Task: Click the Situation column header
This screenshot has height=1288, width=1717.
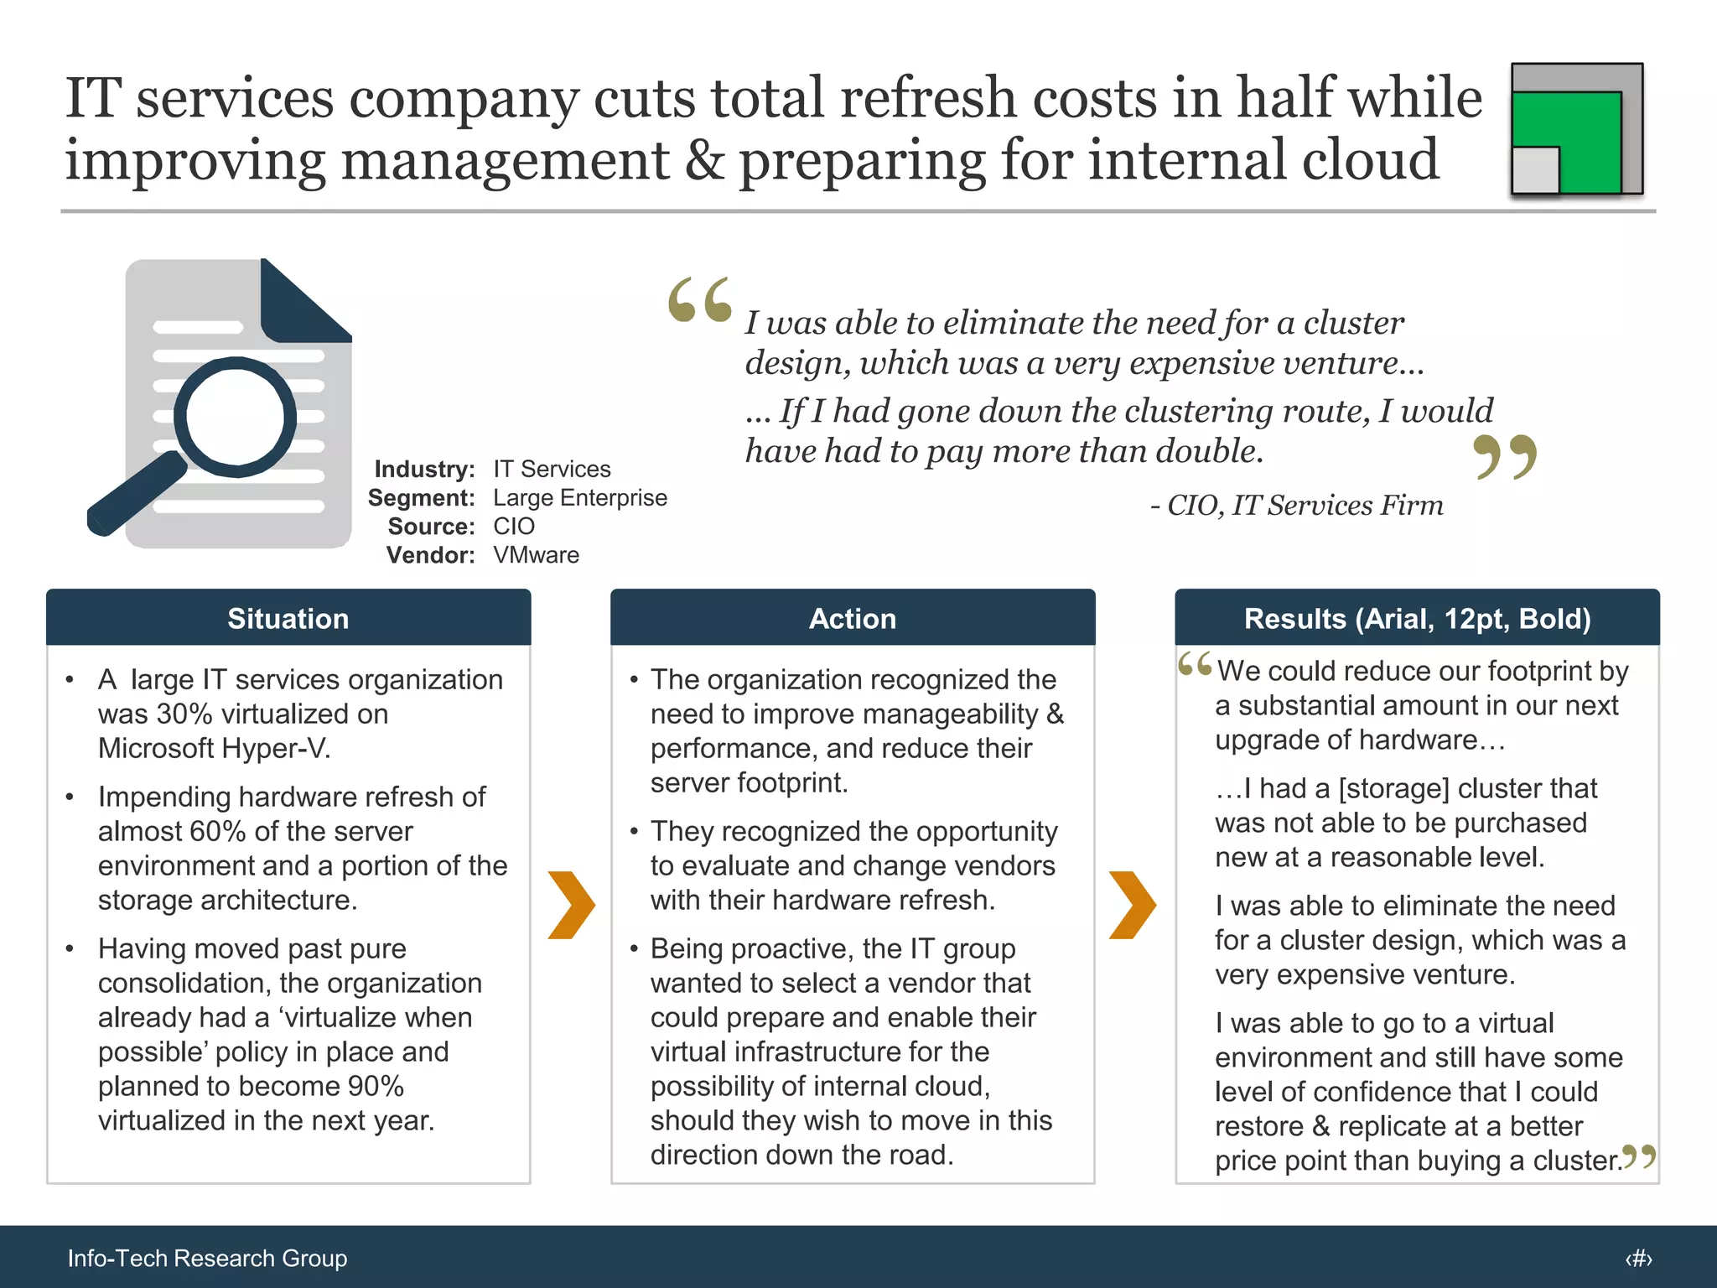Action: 288,618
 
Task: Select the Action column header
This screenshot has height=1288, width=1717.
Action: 852,618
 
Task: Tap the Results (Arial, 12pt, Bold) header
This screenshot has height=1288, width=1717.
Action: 1417,618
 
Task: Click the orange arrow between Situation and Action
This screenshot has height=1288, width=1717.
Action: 571,905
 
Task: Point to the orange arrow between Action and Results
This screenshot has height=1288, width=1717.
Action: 1132,905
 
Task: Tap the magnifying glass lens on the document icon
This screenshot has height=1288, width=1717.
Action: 236,417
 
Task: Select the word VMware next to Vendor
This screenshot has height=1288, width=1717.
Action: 536,555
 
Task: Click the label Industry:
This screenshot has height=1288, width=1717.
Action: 424,469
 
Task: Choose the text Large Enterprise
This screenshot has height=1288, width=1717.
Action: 579,497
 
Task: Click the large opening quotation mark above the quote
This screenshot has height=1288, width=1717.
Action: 700,300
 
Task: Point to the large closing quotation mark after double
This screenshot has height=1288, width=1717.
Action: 1505,457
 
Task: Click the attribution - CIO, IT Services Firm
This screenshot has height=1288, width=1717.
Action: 1296,505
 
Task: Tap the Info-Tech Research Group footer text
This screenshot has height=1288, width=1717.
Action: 207,1258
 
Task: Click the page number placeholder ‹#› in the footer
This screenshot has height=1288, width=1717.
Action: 1638,1258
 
